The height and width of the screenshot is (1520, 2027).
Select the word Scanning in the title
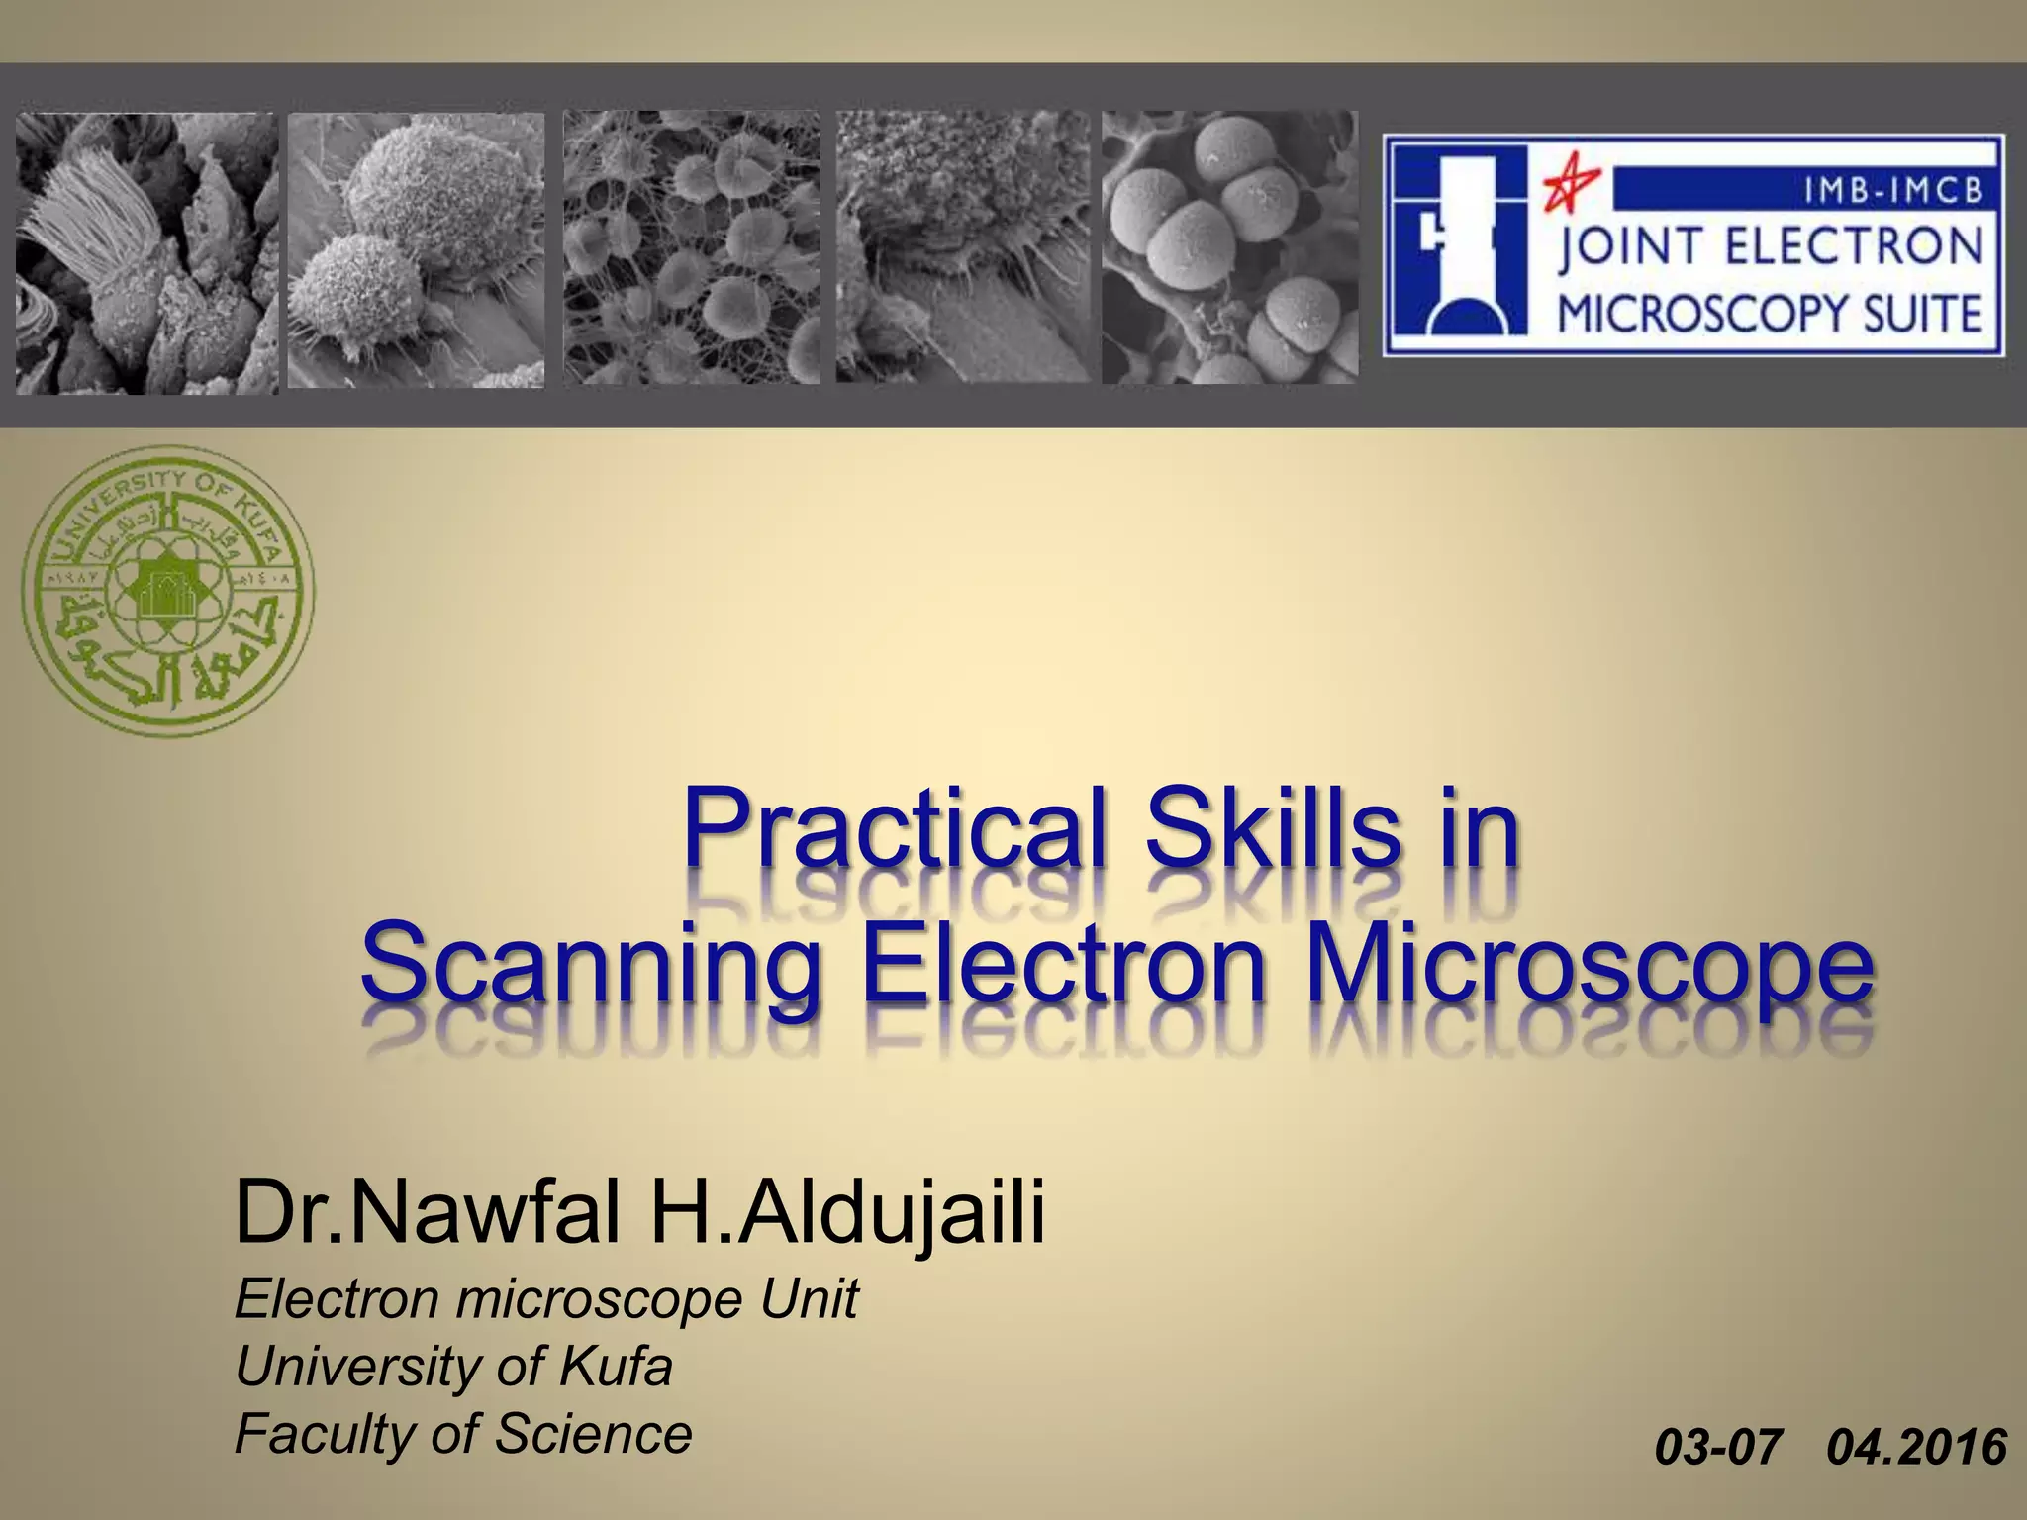591,965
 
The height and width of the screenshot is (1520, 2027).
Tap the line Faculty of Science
463,1433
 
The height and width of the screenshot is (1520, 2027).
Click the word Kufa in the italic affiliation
616,1367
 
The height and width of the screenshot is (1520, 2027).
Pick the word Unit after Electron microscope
809,1298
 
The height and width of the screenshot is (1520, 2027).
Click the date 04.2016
1916,1447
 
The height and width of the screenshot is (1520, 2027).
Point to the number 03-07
1718,1447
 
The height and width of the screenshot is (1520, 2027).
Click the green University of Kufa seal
168,592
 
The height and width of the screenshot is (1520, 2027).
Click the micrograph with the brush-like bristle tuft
146,252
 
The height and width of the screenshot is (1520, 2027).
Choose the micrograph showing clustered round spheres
1229,247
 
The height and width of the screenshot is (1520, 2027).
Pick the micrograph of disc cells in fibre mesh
691,247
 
